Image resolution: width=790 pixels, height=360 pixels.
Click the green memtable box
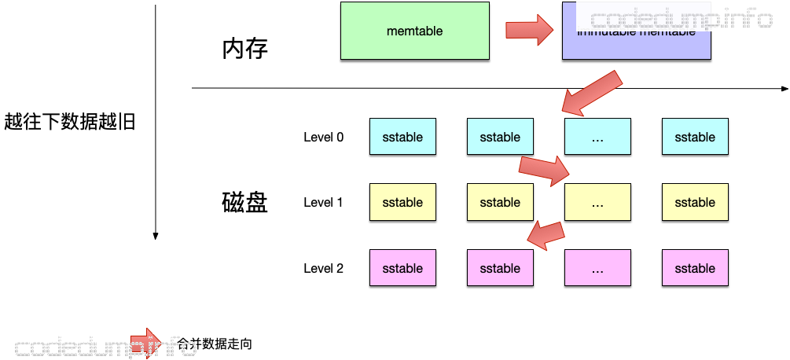click(x=414, y=31)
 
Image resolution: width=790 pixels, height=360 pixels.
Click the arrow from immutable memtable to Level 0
click(x=591, y=92)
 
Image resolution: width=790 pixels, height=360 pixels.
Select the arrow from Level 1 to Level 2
click(x=546, y=233)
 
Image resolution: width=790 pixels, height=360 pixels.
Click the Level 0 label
click(x=323, y=137)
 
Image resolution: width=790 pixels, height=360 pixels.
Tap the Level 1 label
click(x=323, y=202)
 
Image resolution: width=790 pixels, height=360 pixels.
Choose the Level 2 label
click(x=323, y=268)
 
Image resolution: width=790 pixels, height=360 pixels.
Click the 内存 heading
click(x=245, y=50)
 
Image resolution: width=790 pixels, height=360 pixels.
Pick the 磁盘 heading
click(x=245, y=203)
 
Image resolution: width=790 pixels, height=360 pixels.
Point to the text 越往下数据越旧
click(x=69, y=122)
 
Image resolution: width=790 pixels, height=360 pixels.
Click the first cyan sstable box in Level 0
click(x=402, y=137)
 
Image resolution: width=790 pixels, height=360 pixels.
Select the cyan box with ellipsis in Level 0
click(x=597, y=137)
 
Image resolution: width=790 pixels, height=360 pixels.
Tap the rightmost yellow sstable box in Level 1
click(x=695, y=202)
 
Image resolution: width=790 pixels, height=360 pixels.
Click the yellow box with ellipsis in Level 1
click(x=597, y=202)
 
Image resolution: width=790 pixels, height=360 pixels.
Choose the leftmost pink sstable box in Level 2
click(x=402, y=268)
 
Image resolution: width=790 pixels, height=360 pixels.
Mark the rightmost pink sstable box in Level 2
click(x=695, y=268)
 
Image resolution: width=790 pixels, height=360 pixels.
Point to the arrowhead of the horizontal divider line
click(x=784, y=88)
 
